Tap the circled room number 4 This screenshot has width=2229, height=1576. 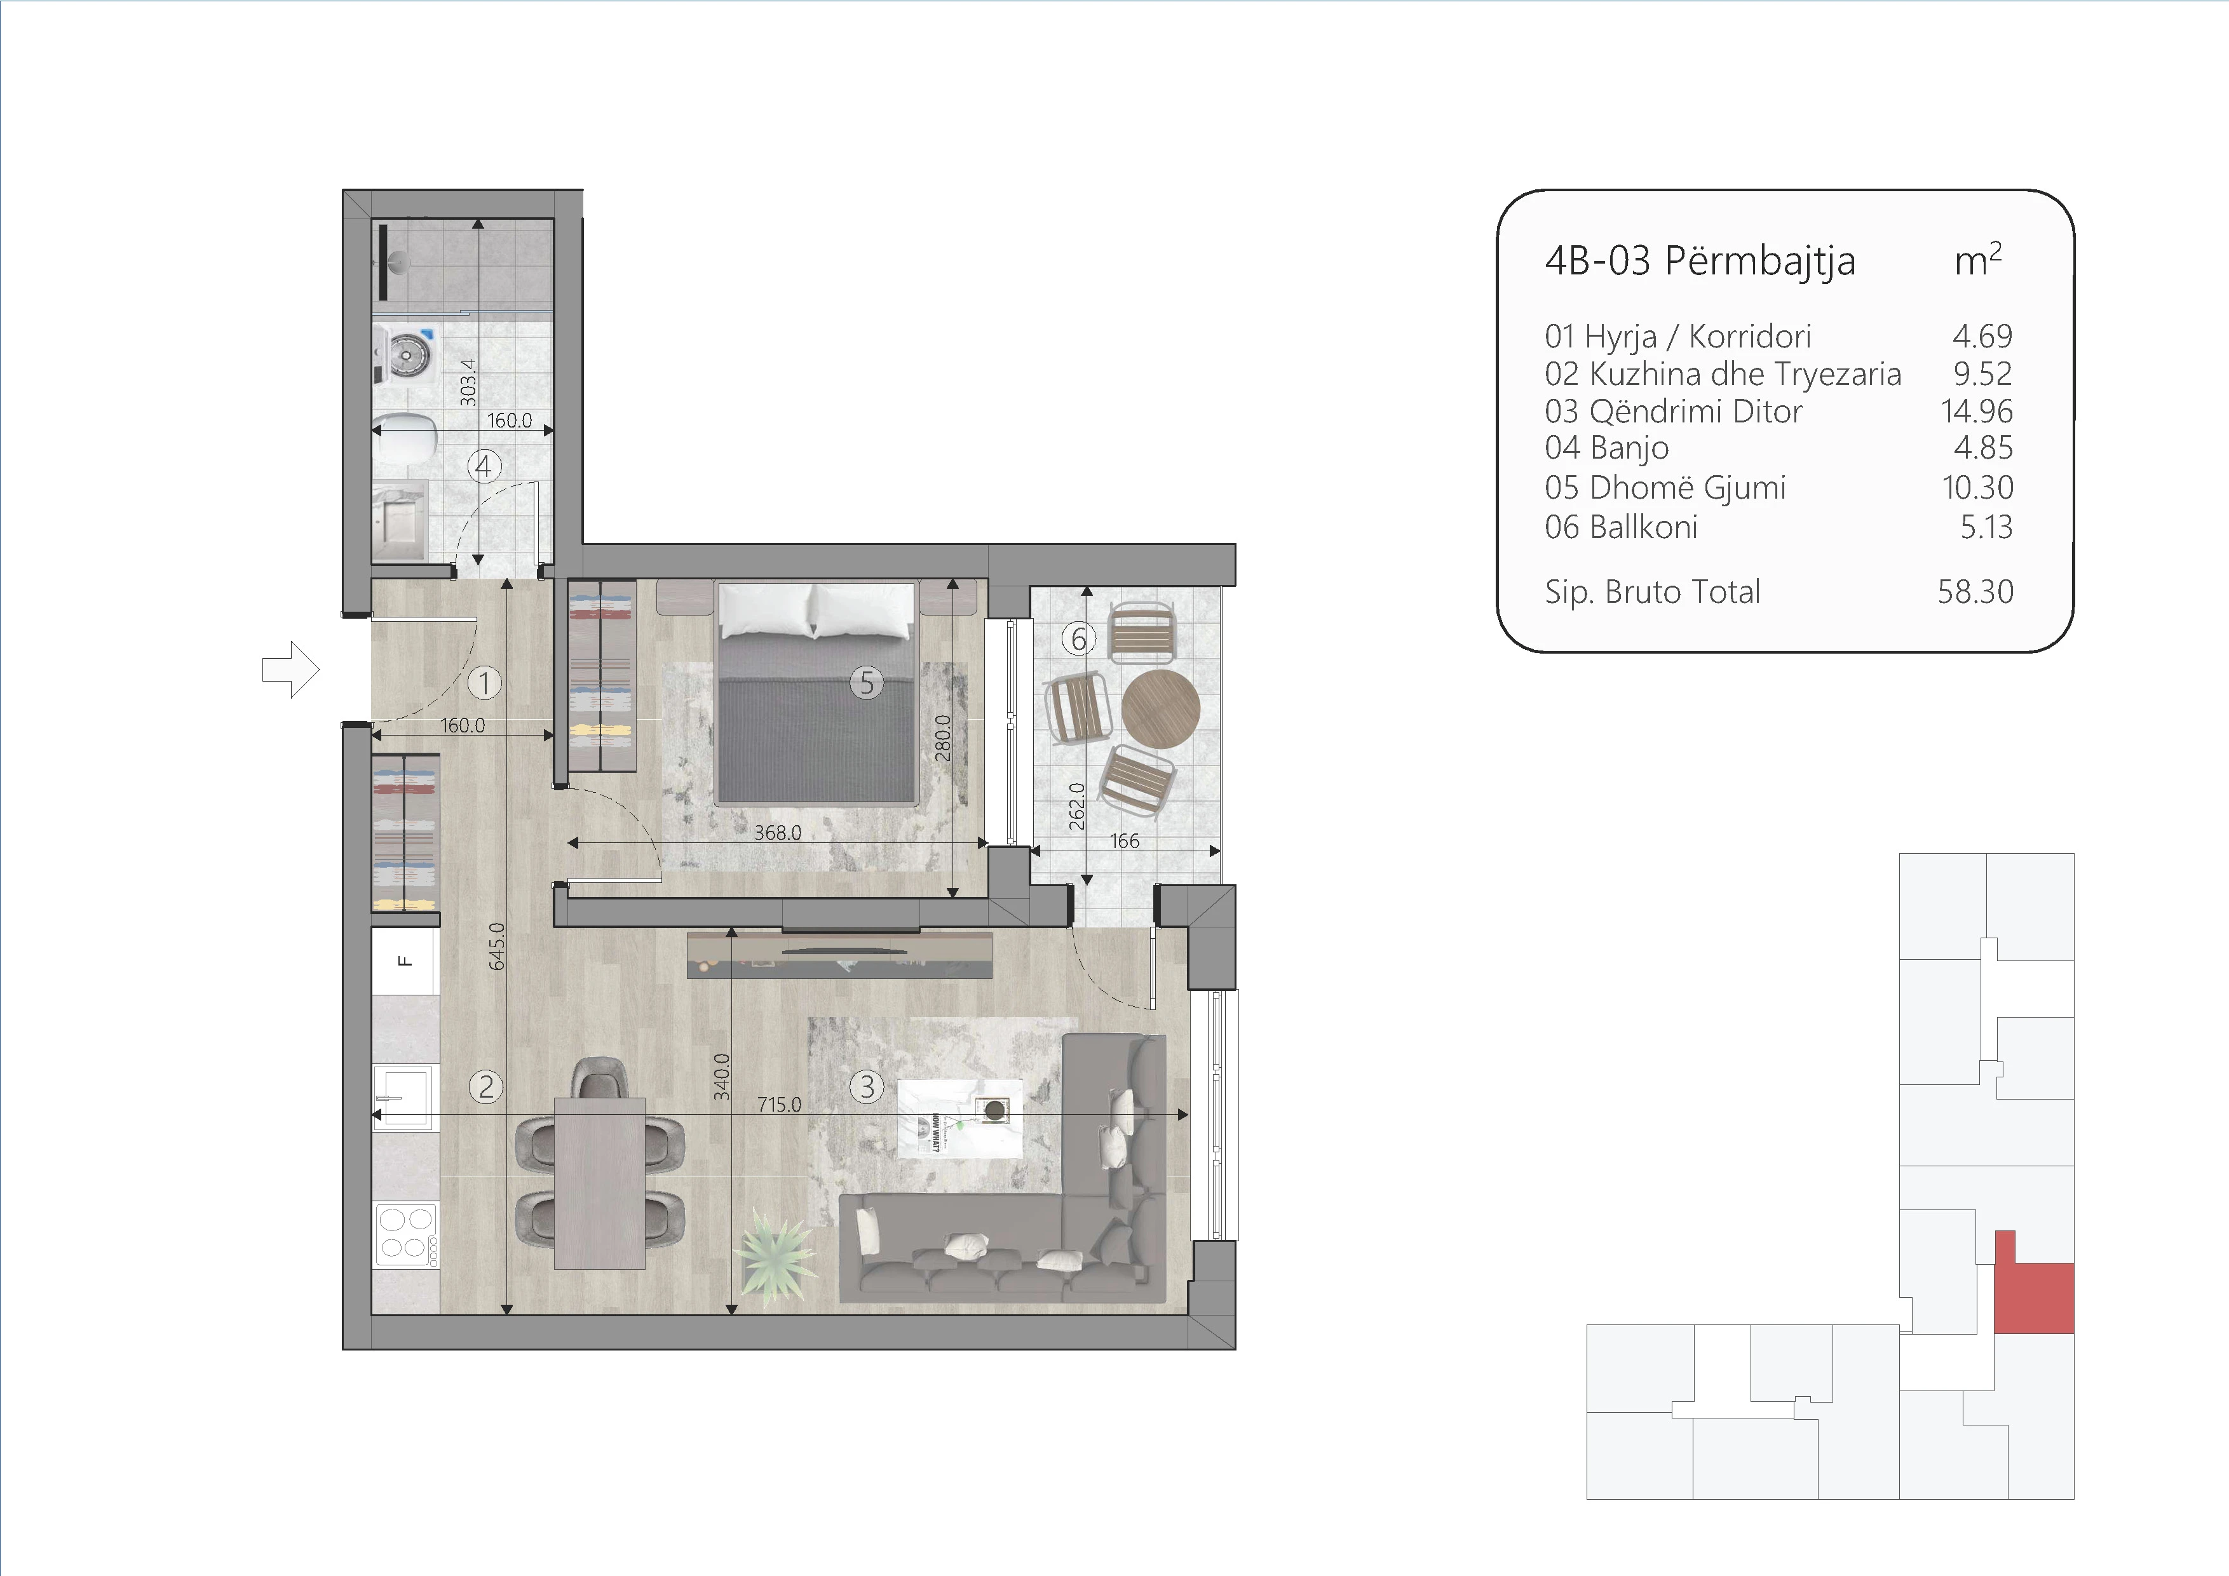[x=484, y=467]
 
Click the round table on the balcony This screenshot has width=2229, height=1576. [x=1160, y=708]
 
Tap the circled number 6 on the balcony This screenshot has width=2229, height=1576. [x=1078, y=638]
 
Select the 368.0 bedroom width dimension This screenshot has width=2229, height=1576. [x=778, y=833]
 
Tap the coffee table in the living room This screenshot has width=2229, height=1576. [x=959, y=1118]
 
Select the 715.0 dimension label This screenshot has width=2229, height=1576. [x=780, y=1105]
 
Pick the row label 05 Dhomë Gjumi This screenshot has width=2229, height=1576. [x=1665, y=487]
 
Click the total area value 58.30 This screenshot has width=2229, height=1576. [x=1975, y=591]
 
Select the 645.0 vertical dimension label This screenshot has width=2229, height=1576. [x=497, y=946]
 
